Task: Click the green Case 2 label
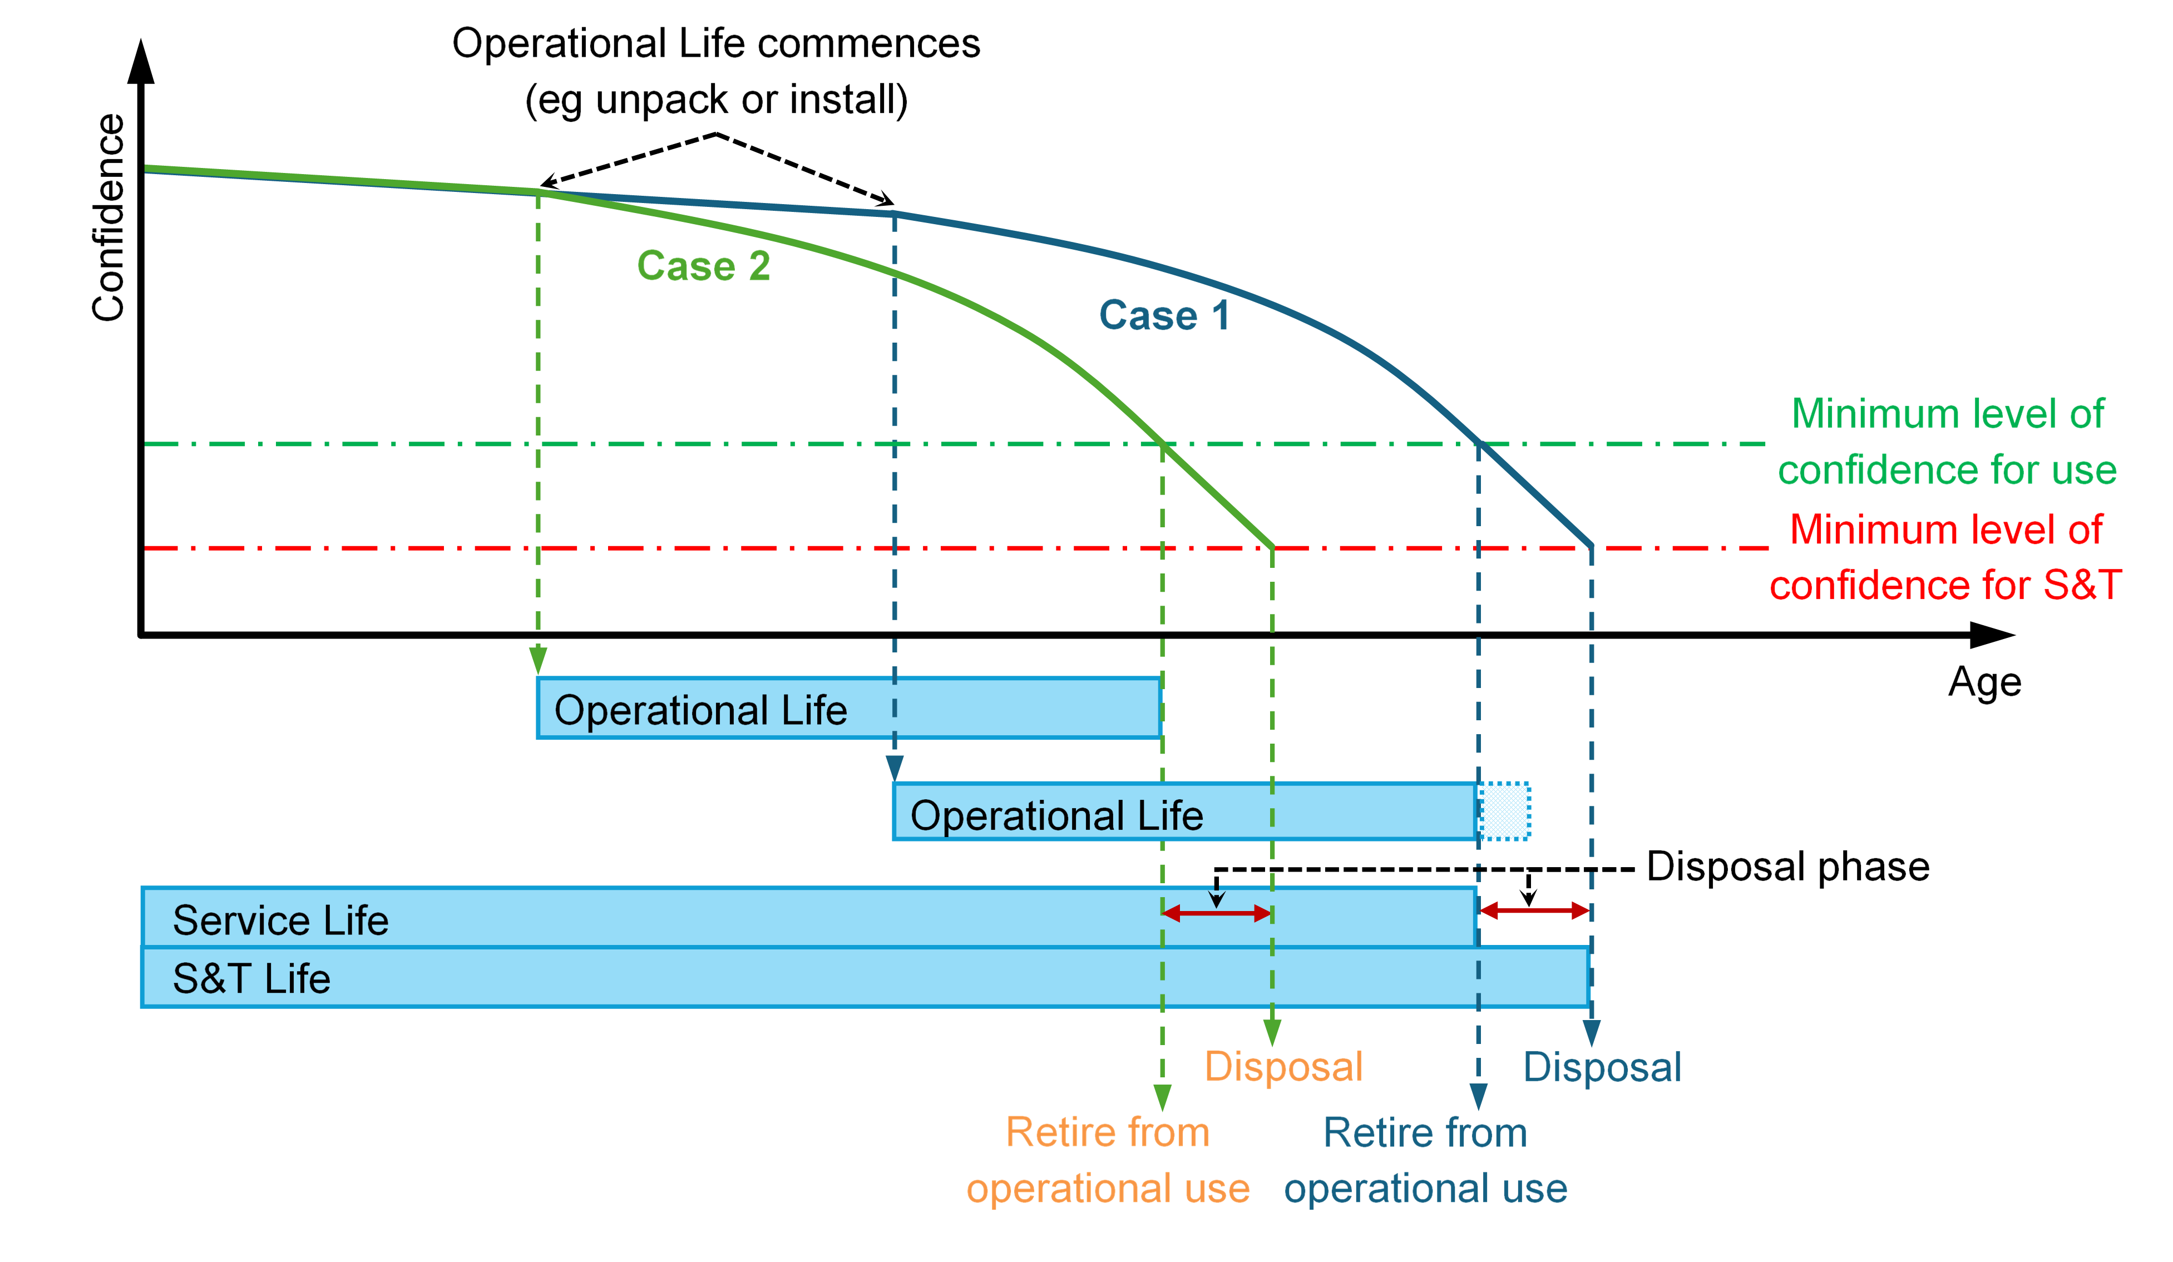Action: [703, 265]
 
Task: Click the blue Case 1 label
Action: [1163, 315]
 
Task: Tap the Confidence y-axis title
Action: [108, 217]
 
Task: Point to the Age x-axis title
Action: [1984, 682]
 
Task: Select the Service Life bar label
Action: [280, 920]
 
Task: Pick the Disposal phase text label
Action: [1787, 867]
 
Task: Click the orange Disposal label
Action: [1283, 1066]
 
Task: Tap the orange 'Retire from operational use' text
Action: [1108, 1160]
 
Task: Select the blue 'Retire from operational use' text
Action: [1425, 1160]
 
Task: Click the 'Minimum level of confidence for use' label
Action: [1947, 442]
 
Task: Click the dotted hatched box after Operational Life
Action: [1505, 810]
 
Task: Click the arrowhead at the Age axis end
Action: [1994, 635]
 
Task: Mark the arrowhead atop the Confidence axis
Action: [141, 62]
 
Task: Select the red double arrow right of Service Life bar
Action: [1534, 910]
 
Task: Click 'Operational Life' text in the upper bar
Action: [700, 710]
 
